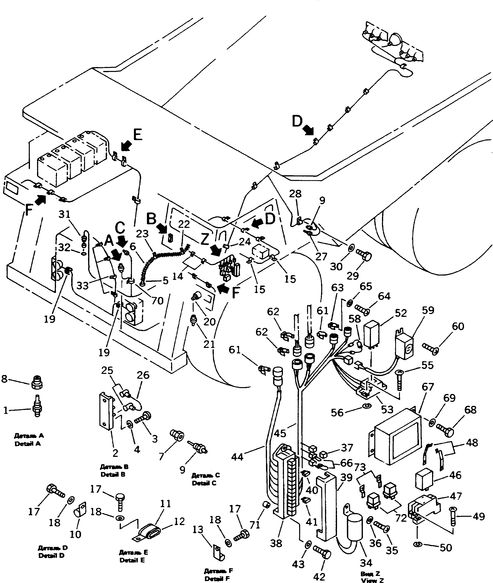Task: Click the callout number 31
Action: (64, 215)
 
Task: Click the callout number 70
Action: (157, 301)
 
